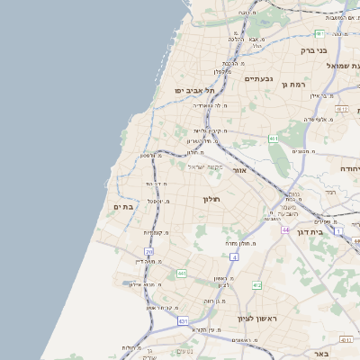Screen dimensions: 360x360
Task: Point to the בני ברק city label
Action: coord(311,50)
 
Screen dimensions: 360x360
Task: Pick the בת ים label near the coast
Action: coord(123,207)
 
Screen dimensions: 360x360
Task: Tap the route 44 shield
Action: coord(284,230)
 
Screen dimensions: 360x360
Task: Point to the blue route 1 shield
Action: coord(338,231)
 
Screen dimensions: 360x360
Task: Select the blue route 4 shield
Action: coord(234,257)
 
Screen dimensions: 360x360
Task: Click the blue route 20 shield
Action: coord(148,251)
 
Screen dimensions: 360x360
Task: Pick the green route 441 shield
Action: coord(181,273)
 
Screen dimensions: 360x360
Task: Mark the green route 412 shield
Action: coord(256,284)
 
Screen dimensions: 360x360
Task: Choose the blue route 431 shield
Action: coord(184,320)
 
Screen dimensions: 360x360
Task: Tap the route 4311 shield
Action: coord(346,339)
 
